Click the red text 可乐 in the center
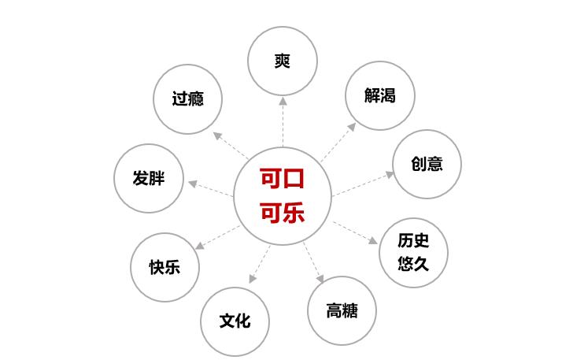[x=282, y=213]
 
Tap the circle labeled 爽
[x=283, y=61]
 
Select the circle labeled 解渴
[x=379, y=95]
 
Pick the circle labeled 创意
[x=427, y=164]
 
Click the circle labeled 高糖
[x=342, y=310]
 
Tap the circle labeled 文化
[x=235, y=321]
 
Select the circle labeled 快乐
[x=165, y=267]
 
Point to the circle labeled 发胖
[x=149, y=178]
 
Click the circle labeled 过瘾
[x=187, y=99]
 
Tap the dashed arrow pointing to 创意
[x=363, y=183]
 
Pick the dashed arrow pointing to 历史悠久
[x=356, y=232]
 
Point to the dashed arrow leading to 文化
[x=260, y=264]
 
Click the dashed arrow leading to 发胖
[x=211, y=188]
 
